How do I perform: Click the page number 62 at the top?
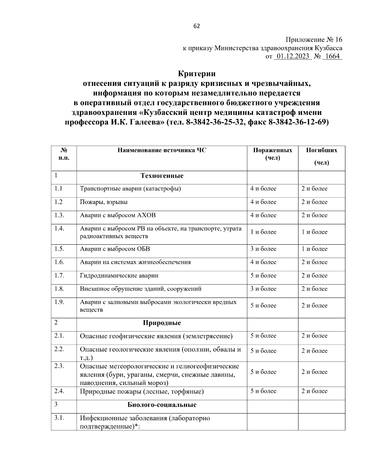[197, 26]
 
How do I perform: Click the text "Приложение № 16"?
[314, 40]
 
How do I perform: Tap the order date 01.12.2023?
[293, 56]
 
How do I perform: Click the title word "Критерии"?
[197, 74]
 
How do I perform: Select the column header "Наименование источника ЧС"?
[162, 150]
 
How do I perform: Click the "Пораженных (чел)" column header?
[272, 154]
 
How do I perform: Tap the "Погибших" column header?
[321, 150]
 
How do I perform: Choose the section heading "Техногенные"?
[162, 176]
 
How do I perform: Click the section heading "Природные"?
[162, 323]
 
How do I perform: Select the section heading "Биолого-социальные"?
[162, 405]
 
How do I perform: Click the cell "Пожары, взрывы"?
[104, 202]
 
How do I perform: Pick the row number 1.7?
[59, 275]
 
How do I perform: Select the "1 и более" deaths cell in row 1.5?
[314, 249]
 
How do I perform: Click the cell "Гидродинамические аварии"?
[119, 276]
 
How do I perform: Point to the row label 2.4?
[59, 391]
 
